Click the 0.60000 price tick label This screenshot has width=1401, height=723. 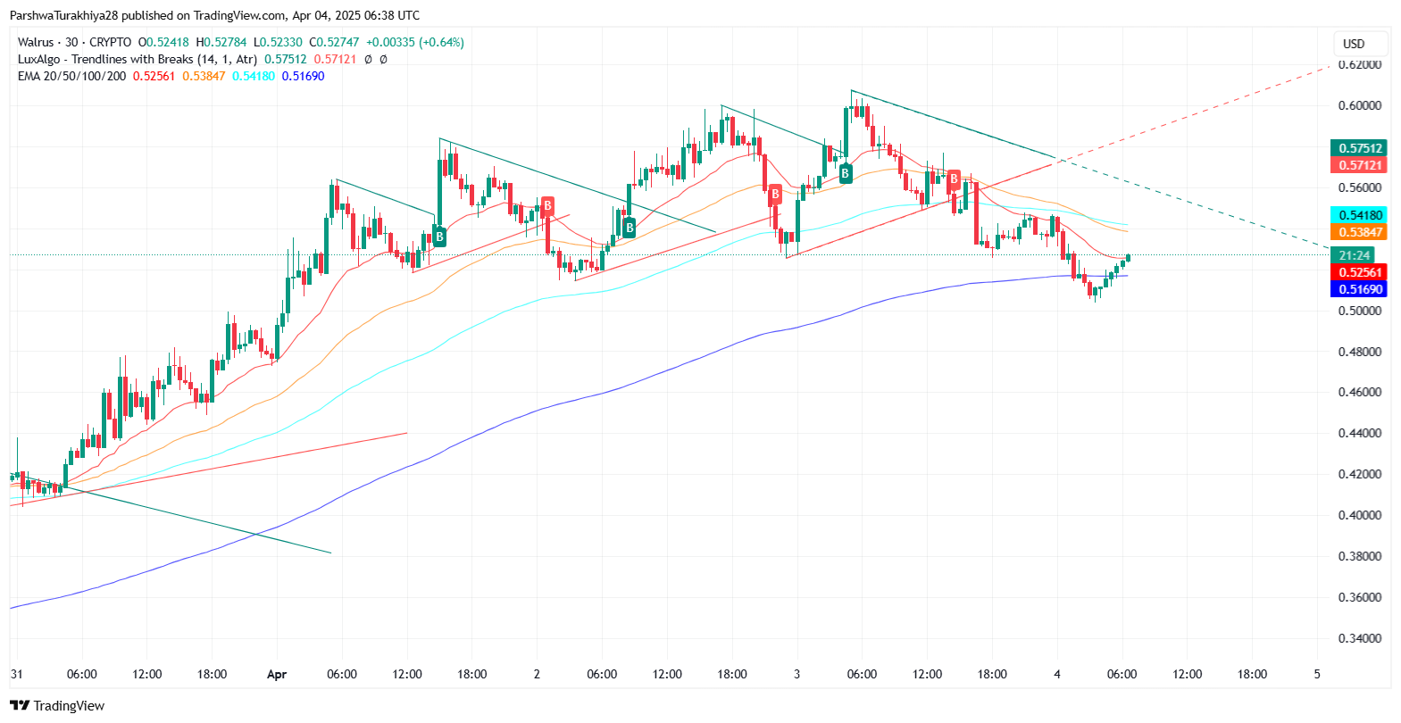pos(1359,105)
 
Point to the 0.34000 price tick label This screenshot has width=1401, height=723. pos(1359,638)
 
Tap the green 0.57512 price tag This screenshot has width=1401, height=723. pos(1359,148)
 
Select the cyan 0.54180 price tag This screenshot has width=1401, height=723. pos(1359,215)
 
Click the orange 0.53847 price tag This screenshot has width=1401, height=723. pos(1359,232)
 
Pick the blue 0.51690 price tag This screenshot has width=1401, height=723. pos(1359,289)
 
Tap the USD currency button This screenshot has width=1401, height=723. pos(1354,44)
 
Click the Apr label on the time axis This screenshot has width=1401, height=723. pos(277,675)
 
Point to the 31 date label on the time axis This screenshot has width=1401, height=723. pos(16,675)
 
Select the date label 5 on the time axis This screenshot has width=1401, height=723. pos(1317,675)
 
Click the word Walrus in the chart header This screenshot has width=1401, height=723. pos(36,42)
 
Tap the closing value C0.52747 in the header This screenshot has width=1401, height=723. pos(334,42)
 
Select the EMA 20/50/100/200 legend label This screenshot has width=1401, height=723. pos(71,76)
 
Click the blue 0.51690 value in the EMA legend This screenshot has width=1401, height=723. pos(303,76)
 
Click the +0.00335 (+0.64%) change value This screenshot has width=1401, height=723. pos(415,42)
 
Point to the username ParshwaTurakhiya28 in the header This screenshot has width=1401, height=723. pos(63,15)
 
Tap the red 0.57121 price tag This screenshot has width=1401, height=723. pos(1359,165)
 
